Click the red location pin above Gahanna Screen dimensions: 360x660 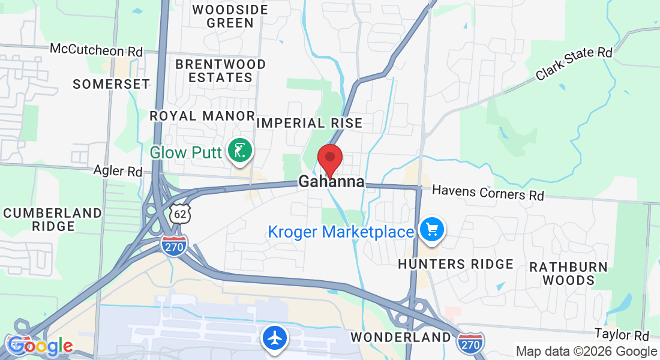[329, 159]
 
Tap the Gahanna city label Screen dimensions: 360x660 [331, 181]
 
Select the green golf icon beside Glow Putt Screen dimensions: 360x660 [240, 151]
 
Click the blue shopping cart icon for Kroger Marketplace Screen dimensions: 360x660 [431, 230]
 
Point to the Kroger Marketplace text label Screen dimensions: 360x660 [340, 232]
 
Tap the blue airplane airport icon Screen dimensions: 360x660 [275, 338]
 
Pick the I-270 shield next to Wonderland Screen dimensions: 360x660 [470, 342]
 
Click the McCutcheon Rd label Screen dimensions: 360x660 [96, 50]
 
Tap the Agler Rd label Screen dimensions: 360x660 [118, 171]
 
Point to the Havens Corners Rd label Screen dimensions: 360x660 [488, 192]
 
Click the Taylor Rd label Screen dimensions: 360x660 [622, 334]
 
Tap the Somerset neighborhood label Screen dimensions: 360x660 [111, 84]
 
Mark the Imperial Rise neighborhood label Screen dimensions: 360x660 [310, 124]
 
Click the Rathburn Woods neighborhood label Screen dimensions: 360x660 [568, 273]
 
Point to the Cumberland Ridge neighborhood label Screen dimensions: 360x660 [53, 220]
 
